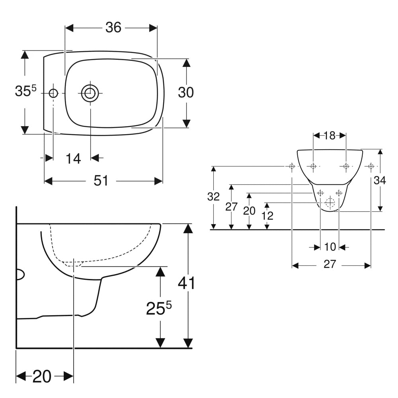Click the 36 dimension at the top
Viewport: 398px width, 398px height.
pyautogui.click(x=113, y=27)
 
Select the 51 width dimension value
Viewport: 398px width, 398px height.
pyautogui.click(x=101, y=181)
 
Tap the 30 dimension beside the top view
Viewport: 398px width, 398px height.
pyautogui.click(x=185, y=92)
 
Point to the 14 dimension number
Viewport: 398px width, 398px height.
pyautogui.click(x=73, y=159)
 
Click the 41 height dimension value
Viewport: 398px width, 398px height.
pyautogui.click(x=186, y=283)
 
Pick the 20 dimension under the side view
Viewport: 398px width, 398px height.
pyautogui.click(x=42, y=376)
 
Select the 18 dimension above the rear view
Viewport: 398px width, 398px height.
pyautogui.click(x=329, y=135)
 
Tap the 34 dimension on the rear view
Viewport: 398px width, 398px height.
pyautogui.click(x=380, y=180)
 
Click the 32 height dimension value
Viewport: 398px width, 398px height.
pyautogui.click(x=214, y=197)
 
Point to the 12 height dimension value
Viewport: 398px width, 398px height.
pyautogui.click(x=267, y=216)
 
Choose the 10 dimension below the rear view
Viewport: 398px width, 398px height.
pyautogui.click(x=330, y=247)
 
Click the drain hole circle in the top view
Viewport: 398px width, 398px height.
pyautogui.click(x=90, y=93)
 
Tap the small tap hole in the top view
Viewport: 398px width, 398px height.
pyautogui.click(x=53, y=93)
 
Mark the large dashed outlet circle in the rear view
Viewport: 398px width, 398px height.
pyautogui.click(x=330, y=203)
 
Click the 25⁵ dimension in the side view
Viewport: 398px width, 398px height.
pyautogui.click(x=159, y=308)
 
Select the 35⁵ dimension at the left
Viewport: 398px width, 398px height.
pyautogui.click(x=25, y=91)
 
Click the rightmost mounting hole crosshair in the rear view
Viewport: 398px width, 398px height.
pyautogui.click(x=371, y=166)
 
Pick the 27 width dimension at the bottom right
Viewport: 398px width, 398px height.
pyautogui.click(x=330, y=264)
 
